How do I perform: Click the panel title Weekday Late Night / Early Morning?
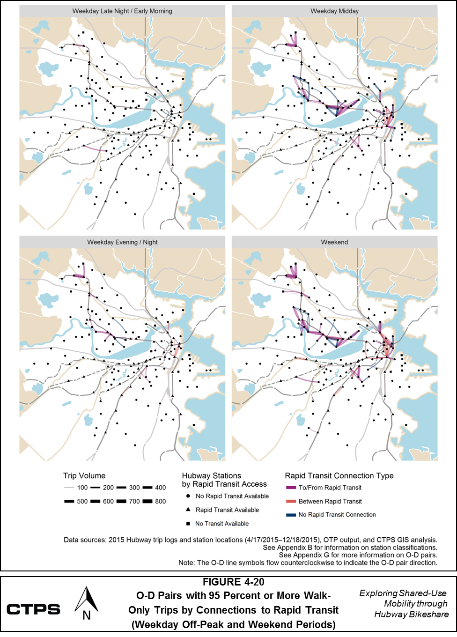[122, 11]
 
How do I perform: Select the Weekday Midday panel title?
[334, 11]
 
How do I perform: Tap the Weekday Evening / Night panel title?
[122, 242]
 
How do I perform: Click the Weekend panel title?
[334, 242]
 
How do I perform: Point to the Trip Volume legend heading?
[84, 475]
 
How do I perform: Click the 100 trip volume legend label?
[82, 488]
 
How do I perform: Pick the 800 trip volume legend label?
[160, 501]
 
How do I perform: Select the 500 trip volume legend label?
[82, 501]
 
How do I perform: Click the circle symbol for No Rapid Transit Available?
[188, 496]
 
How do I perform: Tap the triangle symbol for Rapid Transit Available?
[188, 510]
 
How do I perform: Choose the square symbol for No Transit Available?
[188, 524]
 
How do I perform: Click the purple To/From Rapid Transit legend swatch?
[291, 488]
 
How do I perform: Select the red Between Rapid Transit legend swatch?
[291, 501]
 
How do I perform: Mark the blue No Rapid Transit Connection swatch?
[291, 515]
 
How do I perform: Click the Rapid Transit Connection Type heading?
[339, 475]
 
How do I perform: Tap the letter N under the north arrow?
[86, 615]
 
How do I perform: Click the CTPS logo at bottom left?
[33, 609]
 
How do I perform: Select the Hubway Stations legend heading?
[212, 475]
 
